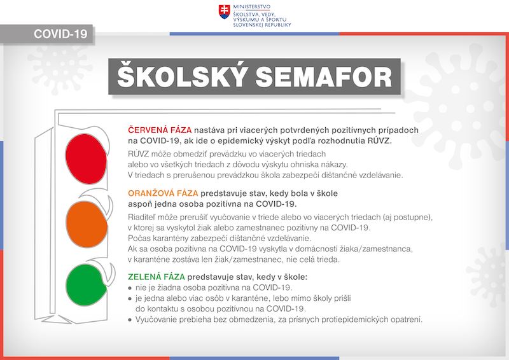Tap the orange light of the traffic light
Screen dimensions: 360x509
pos(85,218)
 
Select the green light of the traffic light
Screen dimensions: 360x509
pos(85,281)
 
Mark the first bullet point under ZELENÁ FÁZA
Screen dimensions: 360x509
pos(130,288)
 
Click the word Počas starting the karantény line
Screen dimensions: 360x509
pos(141,238)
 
